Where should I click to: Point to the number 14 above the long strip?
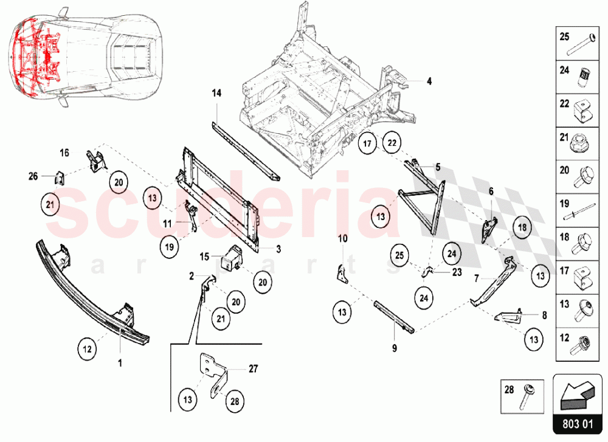point(217,93)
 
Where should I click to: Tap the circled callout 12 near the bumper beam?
point(87,349)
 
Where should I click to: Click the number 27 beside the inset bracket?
point(254,368)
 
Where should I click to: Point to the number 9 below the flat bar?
point(394,348)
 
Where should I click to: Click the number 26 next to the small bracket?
point(33,176)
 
